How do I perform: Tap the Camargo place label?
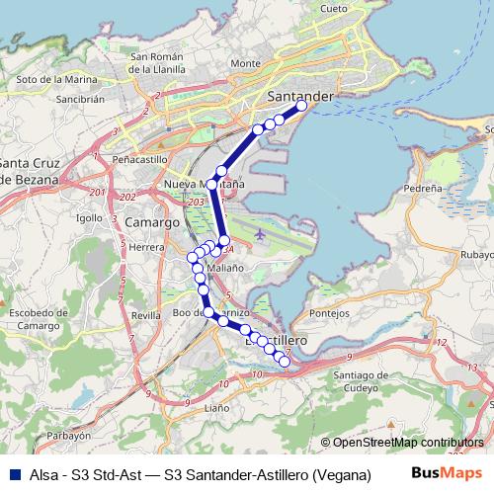[151, 223]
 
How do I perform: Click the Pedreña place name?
[423, 186]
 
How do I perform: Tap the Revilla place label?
[145, 315]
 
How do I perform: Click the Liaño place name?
[216, 407]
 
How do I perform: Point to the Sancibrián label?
[80, 99]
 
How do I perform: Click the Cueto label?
[334, 8]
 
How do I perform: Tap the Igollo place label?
[89, 217]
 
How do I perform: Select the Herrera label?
[145, 247]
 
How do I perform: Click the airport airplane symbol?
[259, 235]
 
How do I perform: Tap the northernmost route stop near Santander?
[302, 105]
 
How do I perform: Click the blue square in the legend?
[13, 475]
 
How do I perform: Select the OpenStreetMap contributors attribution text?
[403, 443]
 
